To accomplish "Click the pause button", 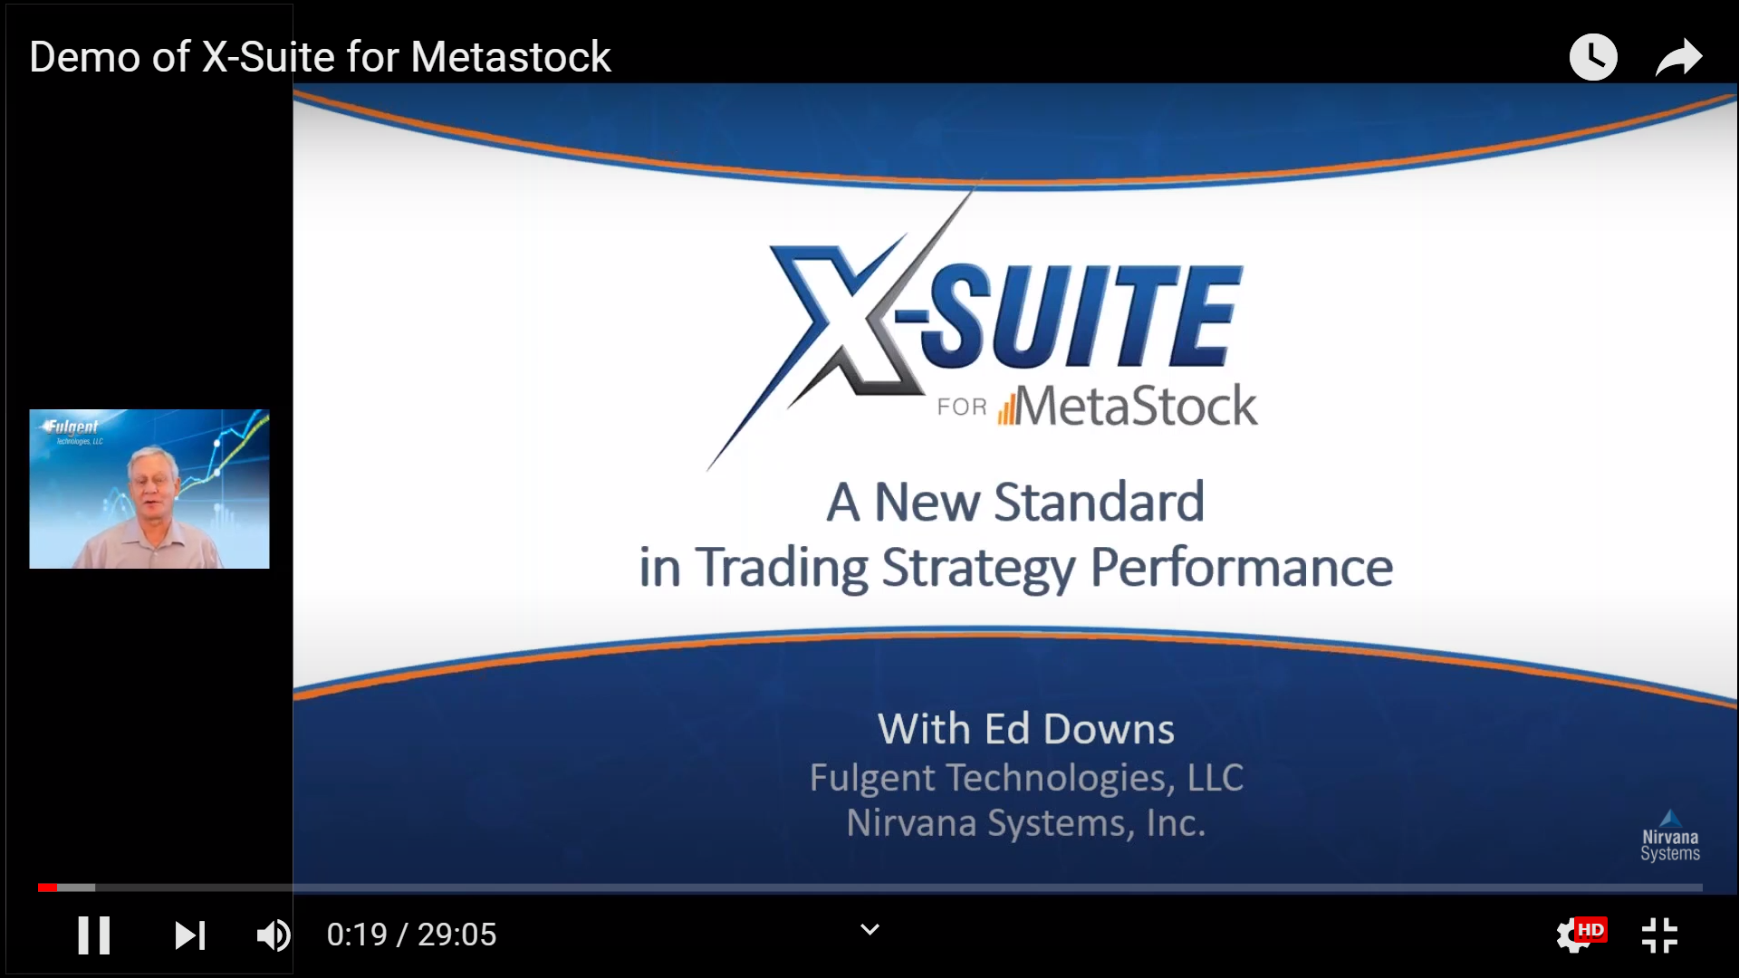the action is (93, 935).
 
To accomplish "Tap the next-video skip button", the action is (190, 935).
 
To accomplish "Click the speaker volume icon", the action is (274, 935).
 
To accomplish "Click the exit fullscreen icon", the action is (1659, 935).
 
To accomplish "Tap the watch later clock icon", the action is (1593, 57).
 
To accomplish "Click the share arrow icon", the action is (1679, 57).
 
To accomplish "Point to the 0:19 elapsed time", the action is (357, 935).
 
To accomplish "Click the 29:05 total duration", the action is (456, 935).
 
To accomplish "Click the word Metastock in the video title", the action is (511, 57).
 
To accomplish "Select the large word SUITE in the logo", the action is (1082, 316).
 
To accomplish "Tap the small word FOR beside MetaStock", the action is (962, 407).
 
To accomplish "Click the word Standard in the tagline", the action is (1099, 502).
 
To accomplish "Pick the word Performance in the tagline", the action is (1242, 568).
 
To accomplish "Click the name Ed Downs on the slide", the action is (1080, 729).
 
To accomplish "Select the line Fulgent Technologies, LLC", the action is (1026, 778).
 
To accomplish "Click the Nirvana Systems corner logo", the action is (1670, 836).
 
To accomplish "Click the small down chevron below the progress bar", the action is (869, 930).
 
